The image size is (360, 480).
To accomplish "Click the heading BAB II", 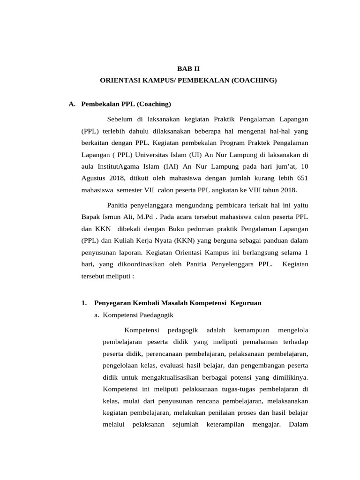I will (x=188, y=68).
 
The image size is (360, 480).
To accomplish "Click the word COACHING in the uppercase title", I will (x=254, y=81).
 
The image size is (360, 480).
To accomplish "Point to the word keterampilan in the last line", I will (x=223, y=424).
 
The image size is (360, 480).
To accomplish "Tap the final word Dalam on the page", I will (x=298, y=424).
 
